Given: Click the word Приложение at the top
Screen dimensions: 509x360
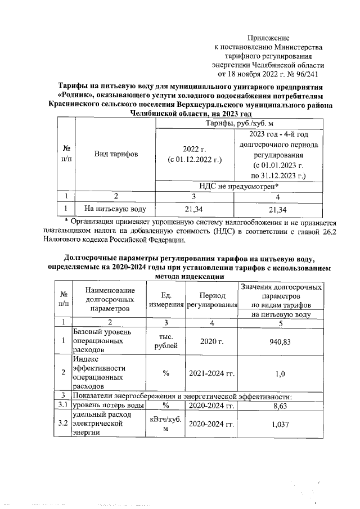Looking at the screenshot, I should click(280, 37).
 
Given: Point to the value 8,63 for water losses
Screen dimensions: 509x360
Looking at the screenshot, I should click(283, 405).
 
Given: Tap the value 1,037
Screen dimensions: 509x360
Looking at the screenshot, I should click(283, 424).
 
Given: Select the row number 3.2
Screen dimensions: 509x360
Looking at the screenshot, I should click(63, 424).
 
